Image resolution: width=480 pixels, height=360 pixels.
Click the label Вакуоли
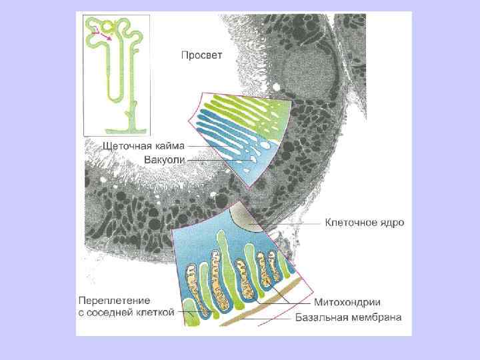click(x=164, y=159)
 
